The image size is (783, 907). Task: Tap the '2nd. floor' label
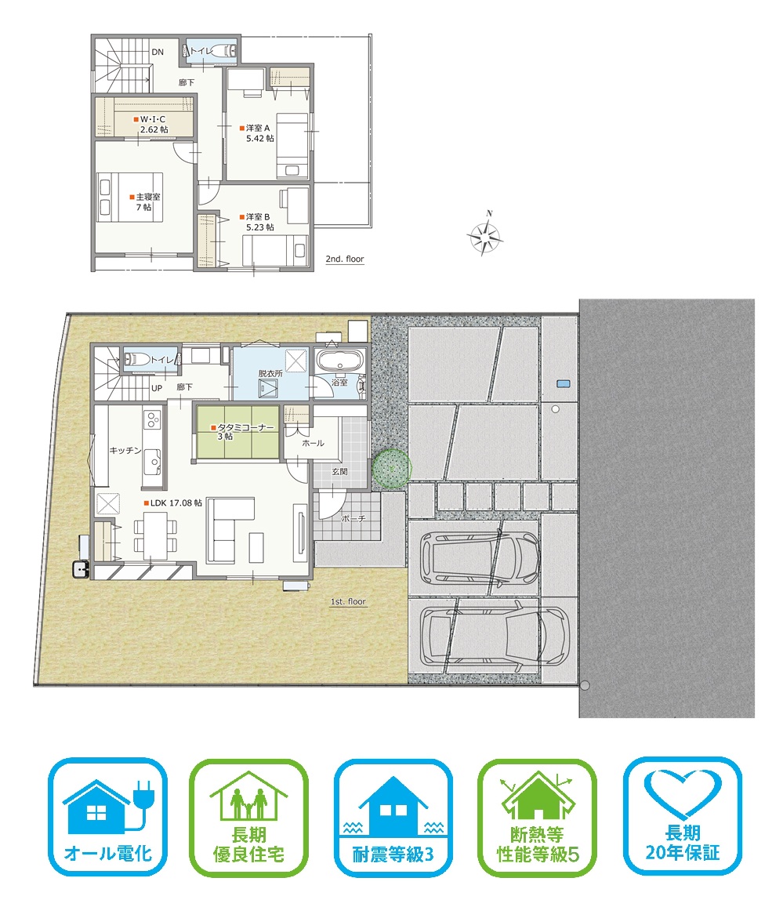(345, 259)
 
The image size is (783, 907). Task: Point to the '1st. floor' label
(348, 601)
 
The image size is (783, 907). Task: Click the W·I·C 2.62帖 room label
(151, 125)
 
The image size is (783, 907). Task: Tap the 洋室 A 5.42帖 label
(257, 133)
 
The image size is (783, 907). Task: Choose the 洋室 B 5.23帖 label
(257, 222)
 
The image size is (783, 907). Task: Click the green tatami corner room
(237, 432)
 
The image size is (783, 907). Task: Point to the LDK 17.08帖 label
(173, 503)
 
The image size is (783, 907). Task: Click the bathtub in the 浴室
(340, 361)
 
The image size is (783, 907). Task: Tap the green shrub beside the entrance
(392, 468)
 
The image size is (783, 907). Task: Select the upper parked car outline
(480, 557)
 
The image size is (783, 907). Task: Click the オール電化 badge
(108, 817)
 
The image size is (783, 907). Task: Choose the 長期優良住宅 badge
(248, 817)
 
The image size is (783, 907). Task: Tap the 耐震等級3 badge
(393, 817)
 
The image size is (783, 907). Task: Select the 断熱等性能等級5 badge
(537, 817)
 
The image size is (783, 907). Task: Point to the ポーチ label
(353, 519)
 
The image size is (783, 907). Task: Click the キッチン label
(125, 450)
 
